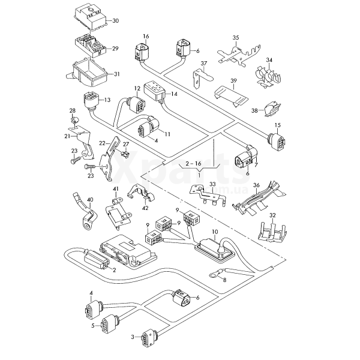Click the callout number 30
pyautogui.click(x=115, y=20)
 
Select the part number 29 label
pyautogui.click(x=115, y=49)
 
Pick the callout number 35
pyautogui.click(x=236, y=38)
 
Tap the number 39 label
pyautogui.click(x=233, y=80)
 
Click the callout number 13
pyautogui.click(x=108, y=100)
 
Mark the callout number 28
pyautogui.click(x=73, y=111)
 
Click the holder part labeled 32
pyautogui.click(x=271, y=230)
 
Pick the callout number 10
pyautogui.click(x=214, y=231)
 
